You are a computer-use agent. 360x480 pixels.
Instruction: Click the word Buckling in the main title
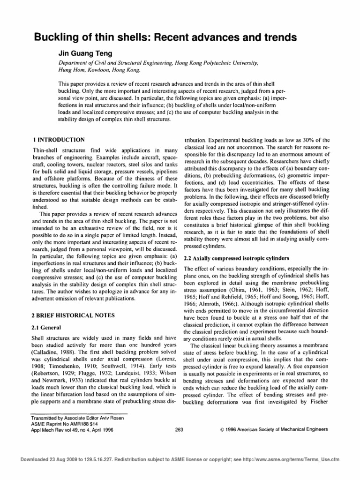(x=55, y=37)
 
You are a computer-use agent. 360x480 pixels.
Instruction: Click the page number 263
(x=179, y=429)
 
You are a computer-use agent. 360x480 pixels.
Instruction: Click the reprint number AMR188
(x=83, y=423)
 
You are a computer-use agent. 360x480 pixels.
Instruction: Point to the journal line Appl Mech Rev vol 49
(x=58, y=429)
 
